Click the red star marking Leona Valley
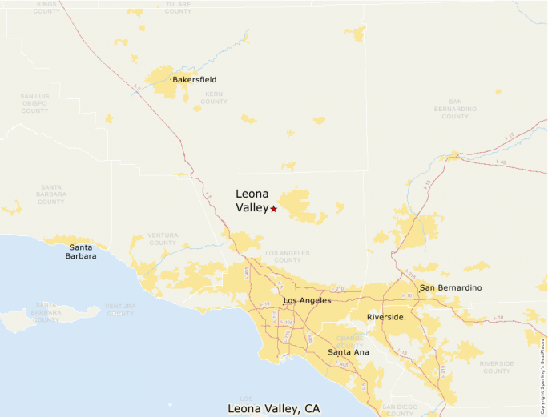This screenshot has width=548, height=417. point(274,209)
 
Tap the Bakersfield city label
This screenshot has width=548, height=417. point(195,80)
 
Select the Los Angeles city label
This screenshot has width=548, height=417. point(307,300)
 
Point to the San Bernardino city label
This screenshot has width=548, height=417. point(451,288)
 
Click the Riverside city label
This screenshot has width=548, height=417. point(386,318)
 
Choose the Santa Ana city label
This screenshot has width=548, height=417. point(349,352)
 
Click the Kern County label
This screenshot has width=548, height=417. point(214,98)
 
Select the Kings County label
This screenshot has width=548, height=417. point(47,7)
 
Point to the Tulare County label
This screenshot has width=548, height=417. point(177,7)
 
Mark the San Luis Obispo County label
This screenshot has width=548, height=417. point(34,103)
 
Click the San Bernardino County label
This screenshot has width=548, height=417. point(455,109)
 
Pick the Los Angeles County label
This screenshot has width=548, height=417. point(288,256)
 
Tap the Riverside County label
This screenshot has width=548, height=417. point(497,367)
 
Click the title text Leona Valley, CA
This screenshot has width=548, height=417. point(275,408)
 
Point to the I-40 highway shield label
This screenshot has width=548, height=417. point(501,162)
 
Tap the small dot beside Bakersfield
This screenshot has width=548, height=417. point(171,80)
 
